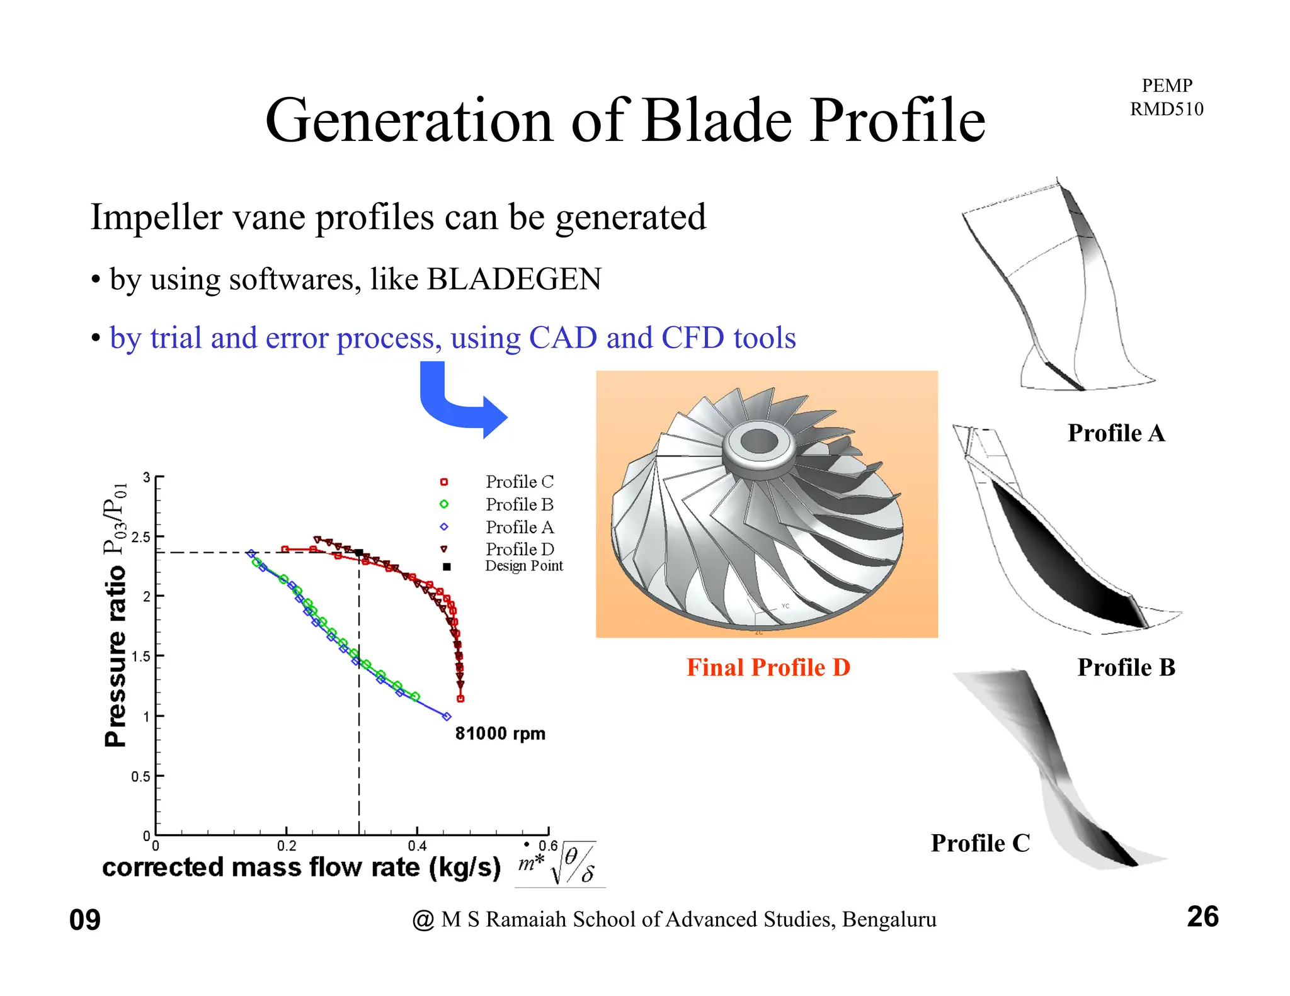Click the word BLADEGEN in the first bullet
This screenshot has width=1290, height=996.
pyautogui.click(x=514, y=279)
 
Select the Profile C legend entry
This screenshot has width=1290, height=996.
pyautogui.click(x=518, y=482)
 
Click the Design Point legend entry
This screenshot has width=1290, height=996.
pyautogui.click(x=523, y=566)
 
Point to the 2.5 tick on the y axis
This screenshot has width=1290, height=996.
pyautogui.click(x=140, y=537)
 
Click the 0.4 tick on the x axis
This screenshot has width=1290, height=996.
pyautogui.click(x=417, y=846)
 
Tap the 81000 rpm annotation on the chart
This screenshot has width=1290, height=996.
pyautogui.click(x=500, y=733)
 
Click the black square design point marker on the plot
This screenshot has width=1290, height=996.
pyautogui.click(x=359, y=553)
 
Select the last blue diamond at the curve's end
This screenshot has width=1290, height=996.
pyautogui.click(x=447, y=716)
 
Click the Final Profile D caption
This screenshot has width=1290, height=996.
pyautogui.click(x=768, y=667)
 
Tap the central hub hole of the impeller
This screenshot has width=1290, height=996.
pyautogui.click(x=759, y=441)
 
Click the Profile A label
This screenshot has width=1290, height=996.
pyautogui.click(x=1116, y=433)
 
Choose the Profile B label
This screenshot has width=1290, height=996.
pyautogui.click(x=1126, y=667)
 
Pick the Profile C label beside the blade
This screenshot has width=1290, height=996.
pyautogui.click(x=980, y=843)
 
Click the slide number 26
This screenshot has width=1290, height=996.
pyautogui.click(x=1202, y=917)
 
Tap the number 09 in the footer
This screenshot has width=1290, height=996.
pyautogui.click(x=85, y=920)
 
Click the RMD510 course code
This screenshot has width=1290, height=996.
pyautogui.click(x=1166, y=110)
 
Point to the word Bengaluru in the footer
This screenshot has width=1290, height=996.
pyautogui.click(x=889, y=919)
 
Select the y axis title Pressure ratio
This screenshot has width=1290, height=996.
pyautogui.click(x=115, y=655)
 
